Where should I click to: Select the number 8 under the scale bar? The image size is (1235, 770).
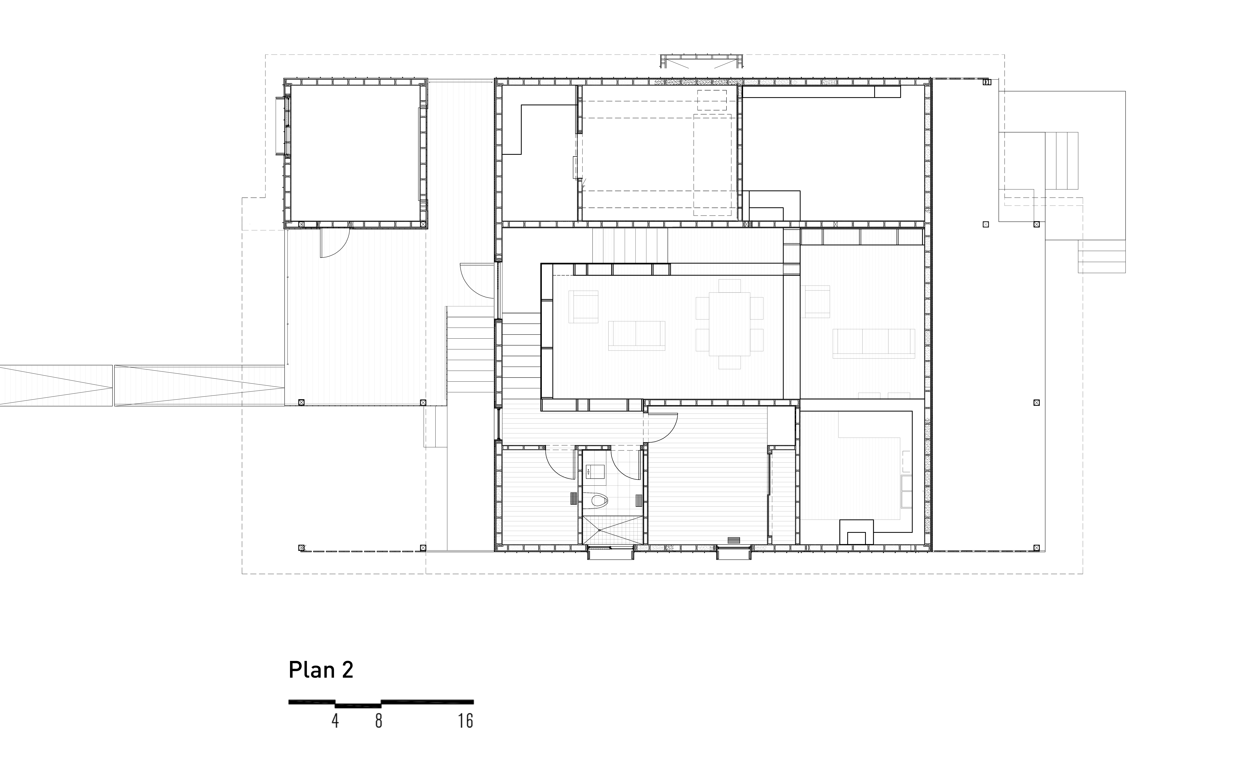[x=379, y=721]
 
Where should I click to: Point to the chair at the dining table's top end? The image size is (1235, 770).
[x=730, y=286]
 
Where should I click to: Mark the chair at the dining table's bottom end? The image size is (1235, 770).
[x=730, y=362]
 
